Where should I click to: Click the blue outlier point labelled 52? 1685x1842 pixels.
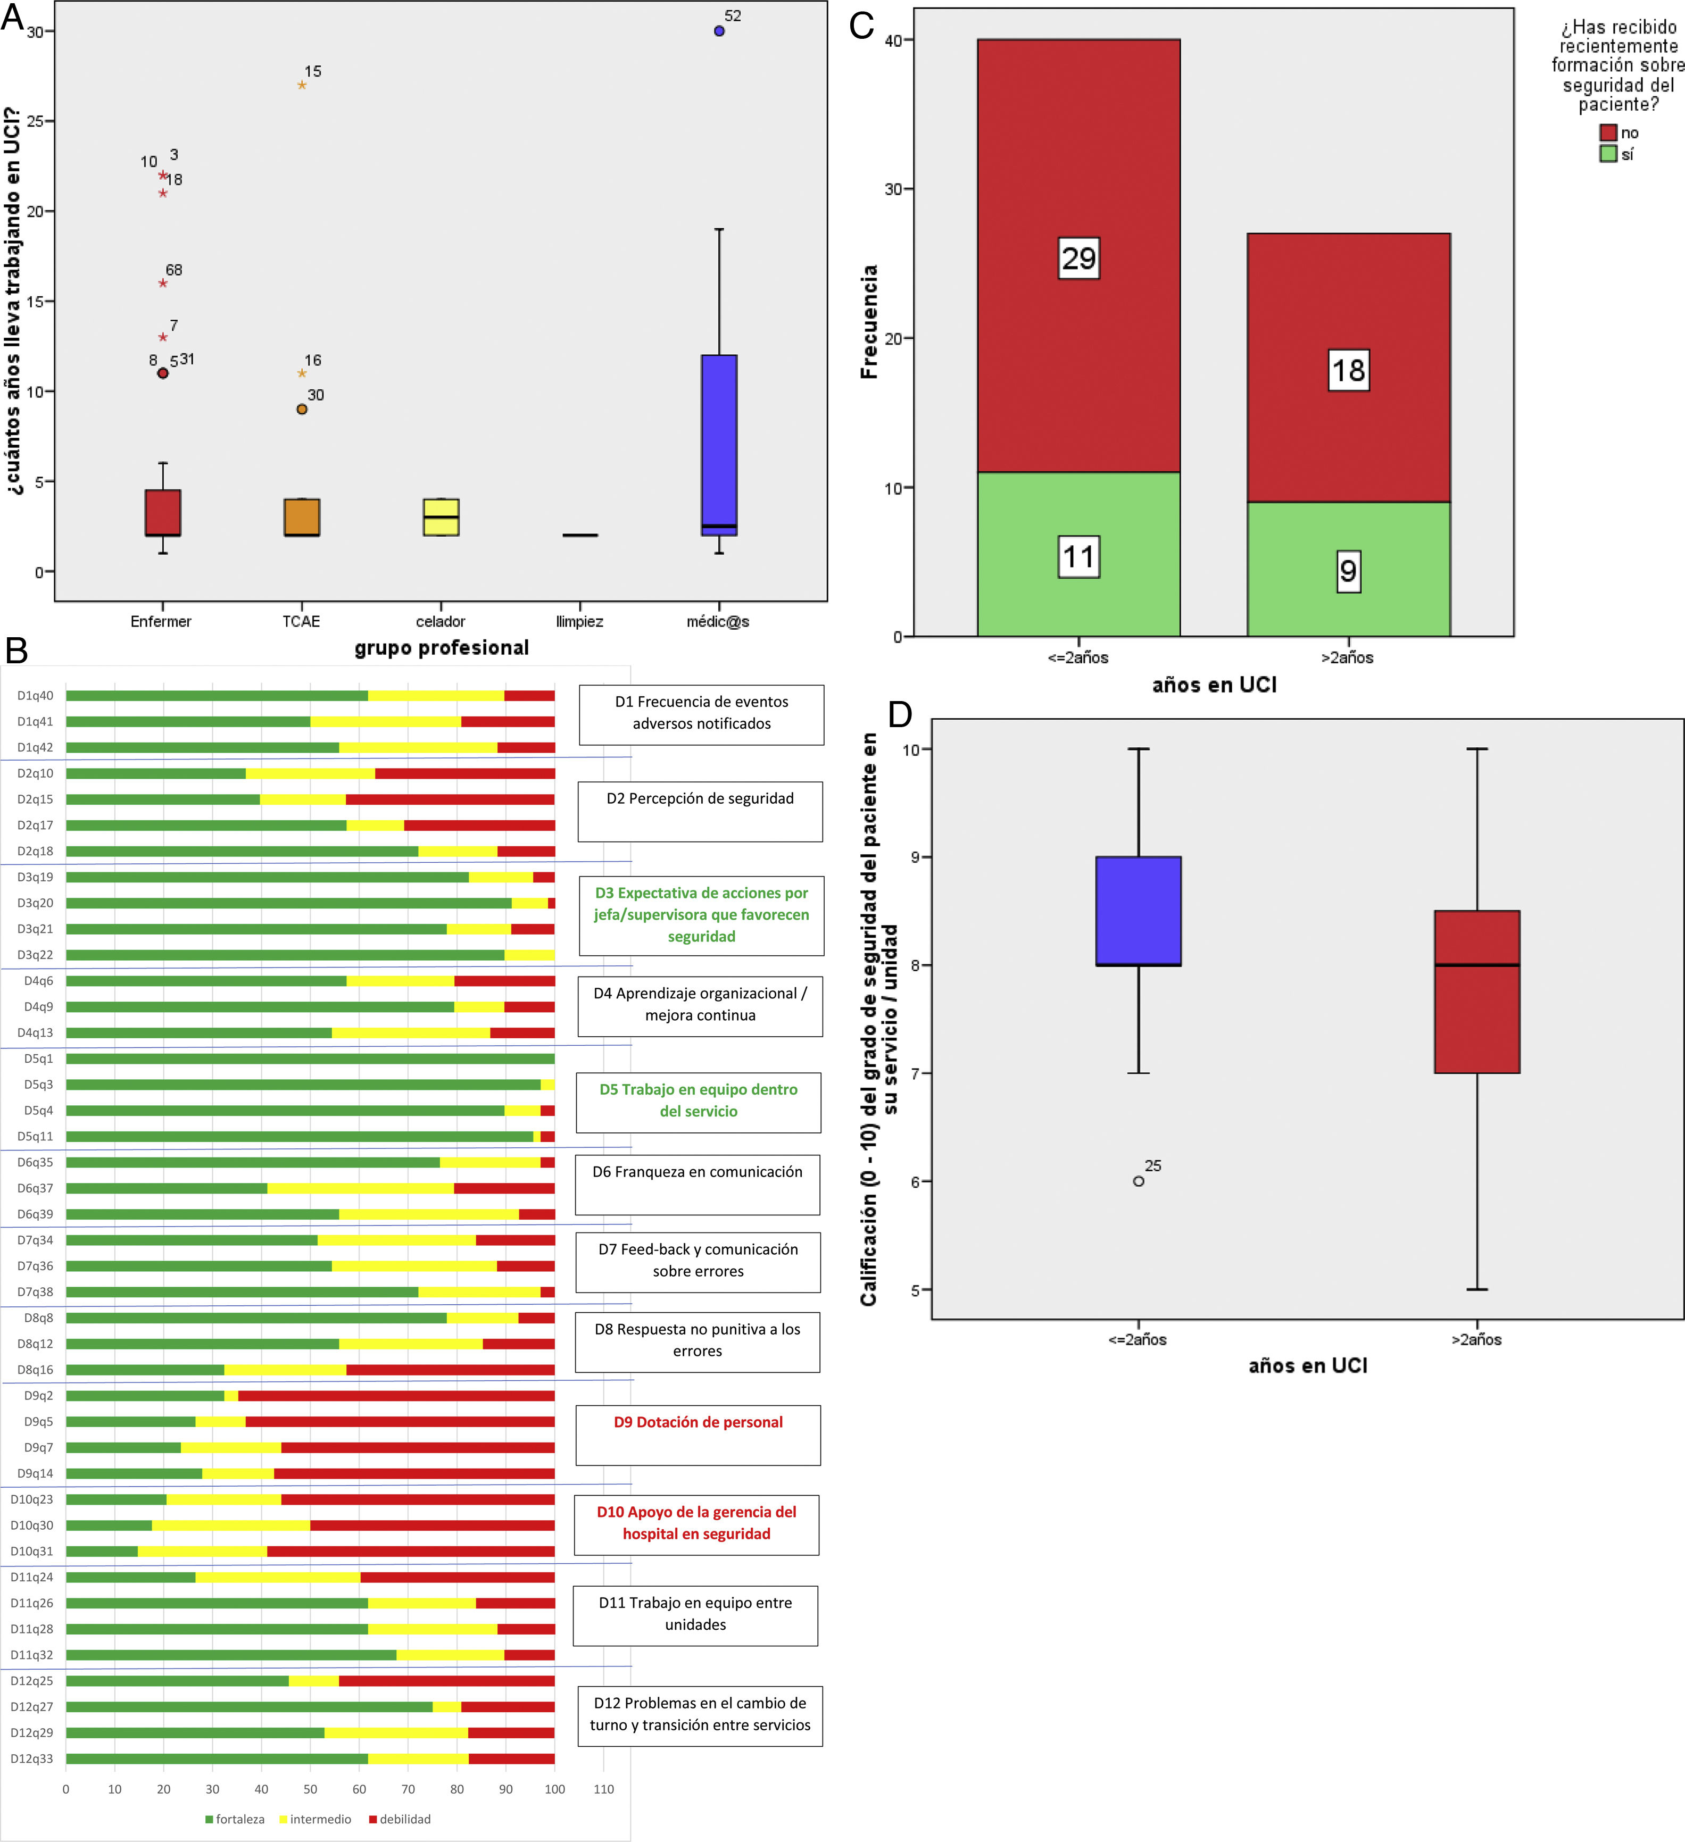(x=719, y=31)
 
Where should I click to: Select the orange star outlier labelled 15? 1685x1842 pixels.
(x=302, y=85)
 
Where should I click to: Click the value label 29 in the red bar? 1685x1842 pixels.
(x=1078, y=259)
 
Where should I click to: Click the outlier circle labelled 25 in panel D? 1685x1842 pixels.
(x=1139, y=1181)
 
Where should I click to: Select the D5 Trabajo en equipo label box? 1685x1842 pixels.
(x=698, y=1101)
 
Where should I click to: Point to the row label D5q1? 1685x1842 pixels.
(x=38, y=1059)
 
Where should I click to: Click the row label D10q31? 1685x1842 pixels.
(x=32, y=1552)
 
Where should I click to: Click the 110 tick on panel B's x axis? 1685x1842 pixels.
(x=604, y=1789)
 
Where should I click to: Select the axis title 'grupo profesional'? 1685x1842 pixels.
(x=442, y=648)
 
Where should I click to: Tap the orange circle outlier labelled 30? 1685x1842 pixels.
(x=302, y=410)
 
